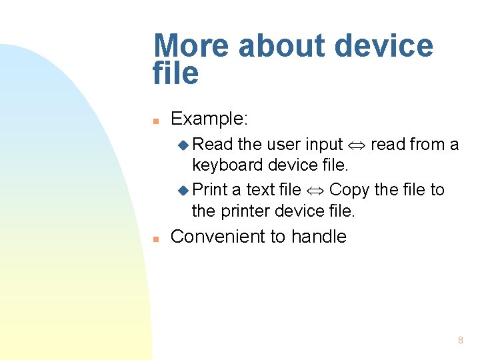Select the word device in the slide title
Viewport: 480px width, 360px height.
coord(384,47)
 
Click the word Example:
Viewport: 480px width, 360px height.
coord(209,119)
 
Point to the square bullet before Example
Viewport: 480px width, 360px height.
coord(155,121)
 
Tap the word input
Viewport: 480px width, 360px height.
coord(324,145)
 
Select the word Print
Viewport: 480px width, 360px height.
coord(210,190)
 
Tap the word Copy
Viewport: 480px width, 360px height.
coord(349,190)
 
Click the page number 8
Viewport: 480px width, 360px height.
coord(461,341)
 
